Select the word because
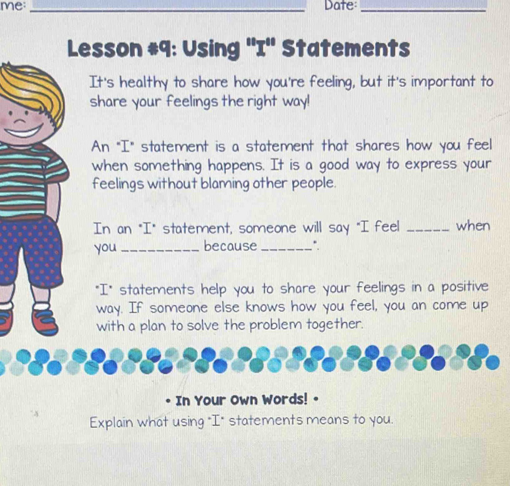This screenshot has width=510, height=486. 230,246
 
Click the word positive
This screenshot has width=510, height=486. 463,288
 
